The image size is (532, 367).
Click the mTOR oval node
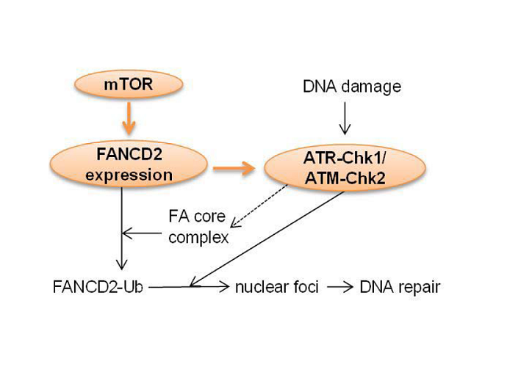tap(129, 84)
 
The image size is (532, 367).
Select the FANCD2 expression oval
tap(129, 164)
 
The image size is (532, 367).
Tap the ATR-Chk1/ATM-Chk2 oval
tap(345, 167)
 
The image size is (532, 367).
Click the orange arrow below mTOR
tap(129, 118)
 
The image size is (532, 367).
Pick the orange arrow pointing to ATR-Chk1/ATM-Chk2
tap(234, 168)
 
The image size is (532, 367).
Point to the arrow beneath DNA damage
tap(345, 118)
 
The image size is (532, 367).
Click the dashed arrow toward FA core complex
tap(259, 206)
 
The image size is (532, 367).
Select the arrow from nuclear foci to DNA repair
tap(340, 288)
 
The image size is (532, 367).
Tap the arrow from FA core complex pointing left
tap(142, 233)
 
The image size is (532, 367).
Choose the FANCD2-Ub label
tap(98, 287)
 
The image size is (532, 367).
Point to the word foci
tap(306, 287)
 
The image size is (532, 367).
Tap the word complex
tap(198, 238)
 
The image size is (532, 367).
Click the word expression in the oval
tap(129, 176)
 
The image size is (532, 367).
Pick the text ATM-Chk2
tap(345, 178)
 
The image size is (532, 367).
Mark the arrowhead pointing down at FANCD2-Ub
tap(122, 264)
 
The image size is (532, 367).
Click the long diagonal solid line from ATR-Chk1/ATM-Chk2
tap(267, 239)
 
